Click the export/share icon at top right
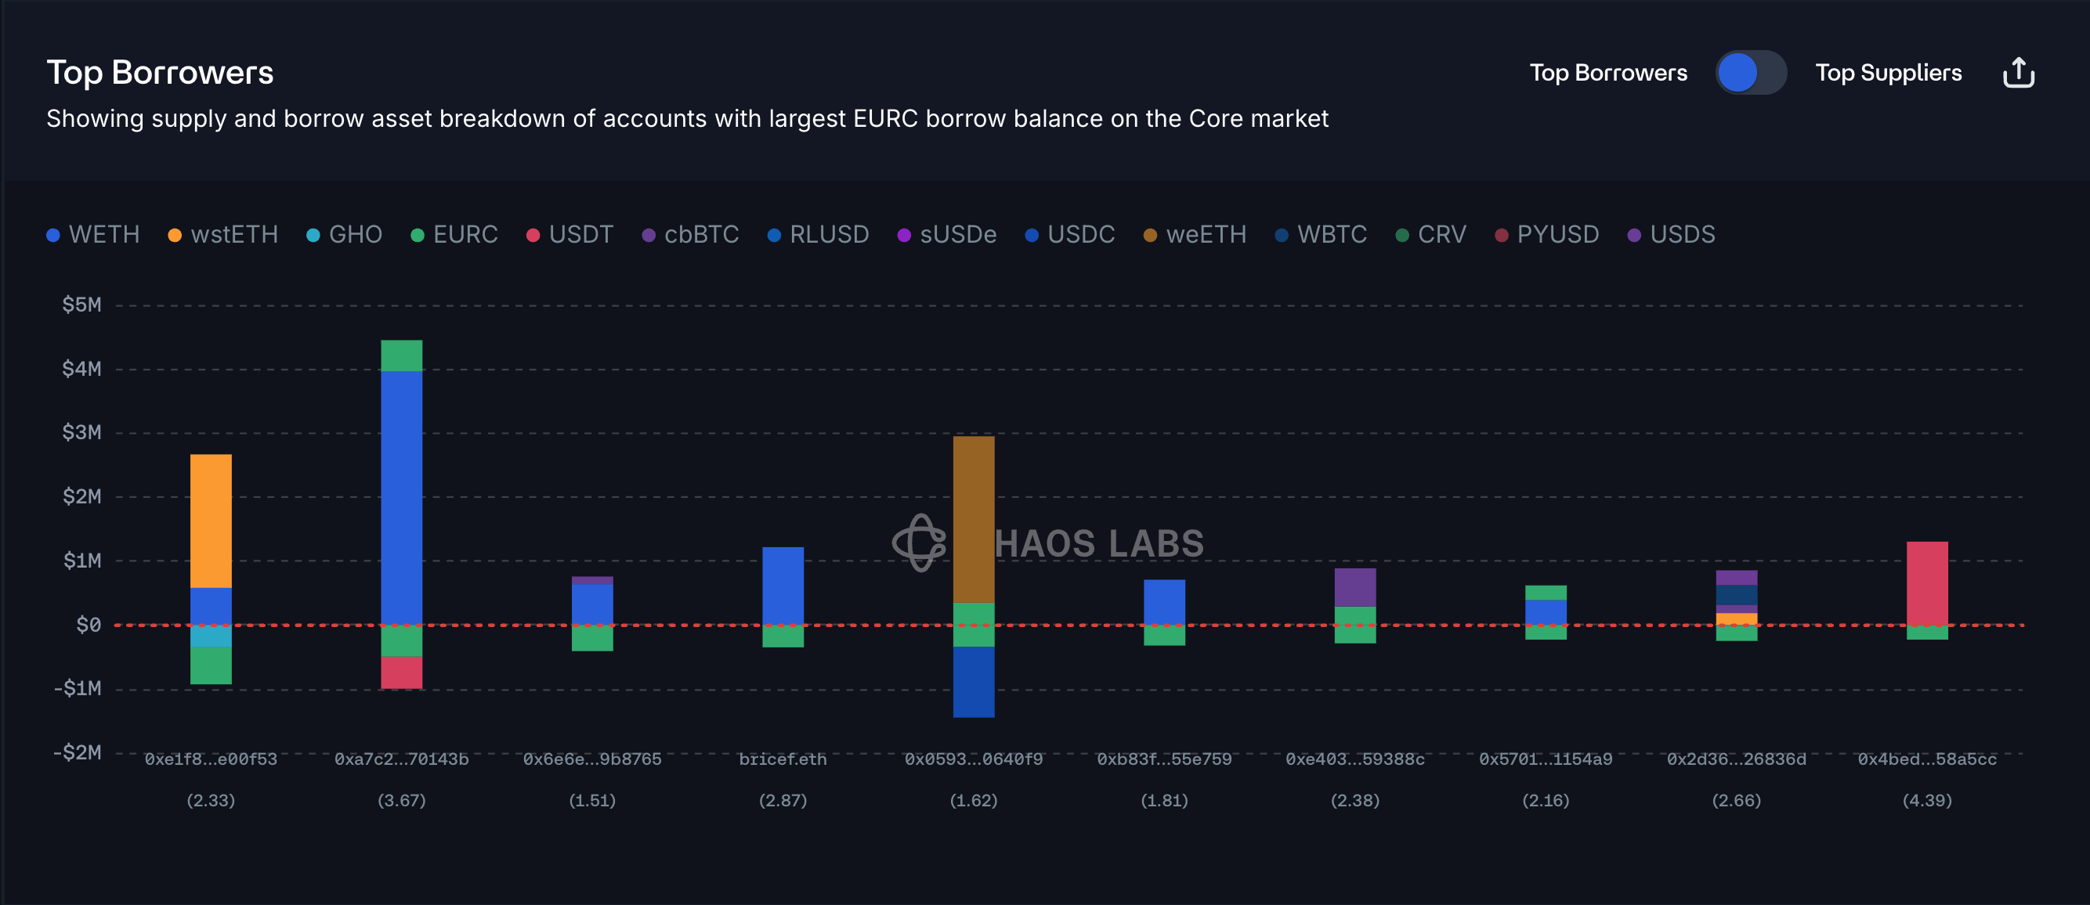click(2018, 73)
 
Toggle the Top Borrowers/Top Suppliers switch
click(1750, 73)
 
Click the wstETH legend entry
click(223, 235)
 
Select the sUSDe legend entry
click(947, 235)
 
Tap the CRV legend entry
click(1431, 235)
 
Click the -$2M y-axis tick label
click(78, 752)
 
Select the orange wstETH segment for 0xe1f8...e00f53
click(211, 521)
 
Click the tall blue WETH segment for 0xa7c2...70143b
click(402, 496)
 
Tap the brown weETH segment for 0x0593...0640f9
click(974, 519)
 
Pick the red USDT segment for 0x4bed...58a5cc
click(1927, 582)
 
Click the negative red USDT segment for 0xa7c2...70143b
click(402, 672)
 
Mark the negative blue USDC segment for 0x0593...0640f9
click(974, 681)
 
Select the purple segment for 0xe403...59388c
click(1355, 587)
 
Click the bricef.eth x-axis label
click(783, 760)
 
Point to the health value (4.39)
click(1927, 801)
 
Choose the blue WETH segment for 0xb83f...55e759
click(1164, 601)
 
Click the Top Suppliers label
click(1888, 73)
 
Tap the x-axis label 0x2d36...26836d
click(1736, 760)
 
